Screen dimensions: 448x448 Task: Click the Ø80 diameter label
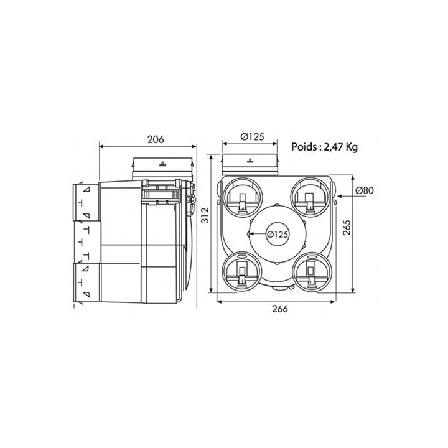click(365, 190)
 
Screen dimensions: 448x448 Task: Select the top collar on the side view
click(163, 167)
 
